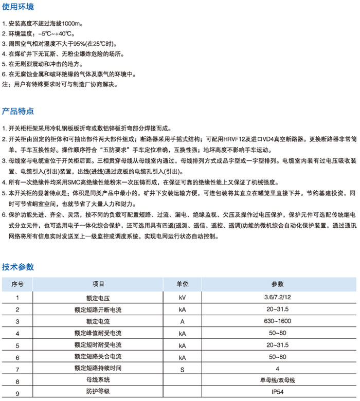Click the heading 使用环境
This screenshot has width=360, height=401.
click(x=18, y=7)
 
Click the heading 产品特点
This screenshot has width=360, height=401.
click(x=18, y=111)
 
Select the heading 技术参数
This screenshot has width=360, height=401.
click(x=18, y=267)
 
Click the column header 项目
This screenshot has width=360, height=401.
click(x=98, y=284)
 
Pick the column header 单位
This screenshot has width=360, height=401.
click(x=183, y=284)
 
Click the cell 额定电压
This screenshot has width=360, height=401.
click(x=98, y=298)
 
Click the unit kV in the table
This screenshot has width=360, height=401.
click(x=183, y=298)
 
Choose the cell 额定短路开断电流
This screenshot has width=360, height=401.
click(x=98, y=309)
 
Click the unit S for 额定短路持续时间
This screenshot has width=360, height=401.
click(x=182, y=369)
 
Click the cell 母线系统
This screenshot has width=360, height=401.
click(x=98, y=381)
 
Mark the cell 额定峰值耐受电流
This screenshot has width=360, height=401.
click(x=98, y=333)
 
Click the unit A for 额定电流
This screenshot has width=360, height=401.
click(x=182, y=321)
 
